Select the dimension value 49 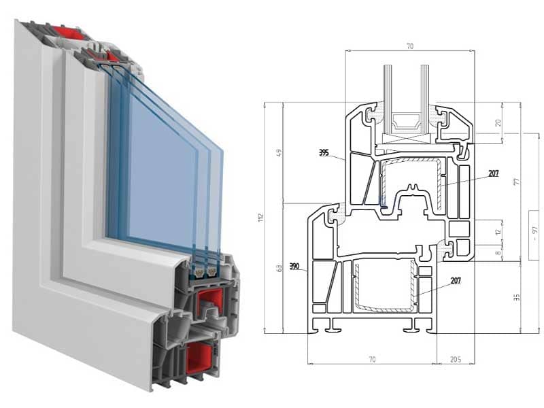(279, 152)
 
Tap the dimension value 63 (279, 269)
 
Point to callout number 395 (323, 153)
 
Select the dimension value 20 (498, 123)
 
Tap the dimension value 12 (498, 232)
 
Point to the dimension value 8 (498, 254)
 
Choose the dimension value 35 (517, 296)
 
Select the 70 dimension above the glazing (409, 46)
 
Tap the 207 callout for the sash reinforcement (493, 173)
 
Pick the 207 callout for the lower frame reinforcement (456, 280)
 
